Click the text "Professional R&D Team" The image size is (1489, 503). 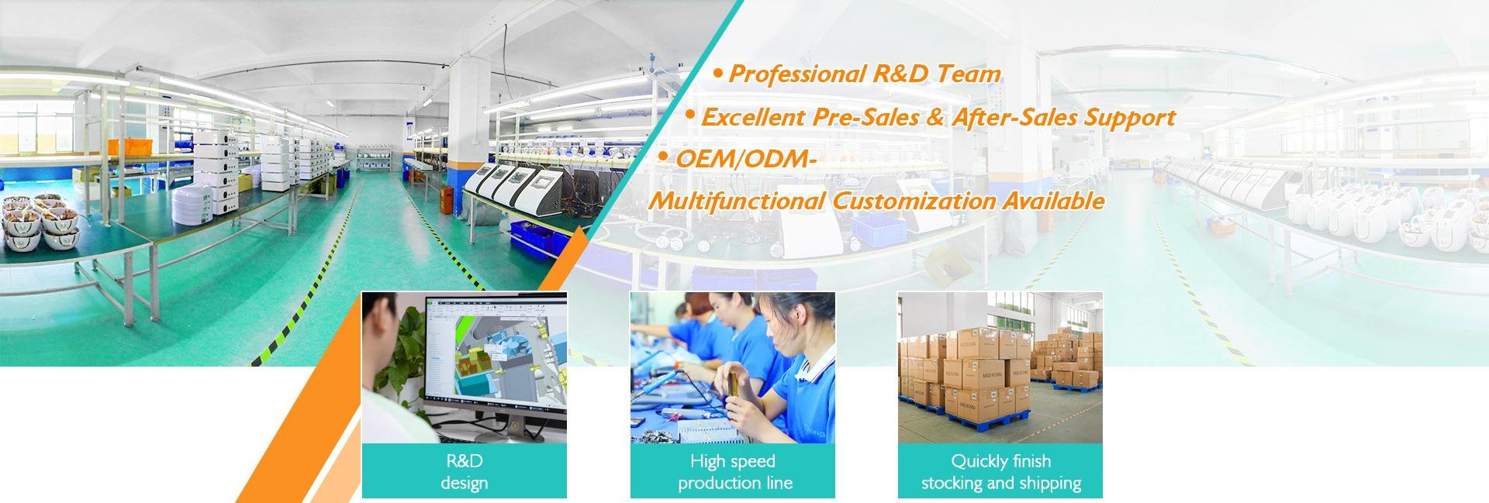coord(864,74)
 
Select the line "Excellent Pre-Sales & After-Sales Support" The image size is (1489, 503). coord(938,118)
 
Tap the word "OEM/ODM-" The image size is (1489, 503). coord(746,159)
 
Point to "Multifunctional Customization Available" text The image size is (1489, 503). coord(876,201)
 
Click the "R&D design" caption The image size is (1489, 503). coord(464,471)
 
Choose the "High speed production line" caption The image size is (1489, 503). coord(733,471)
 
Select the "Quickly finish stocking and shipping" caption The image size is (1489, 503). coord(1000,471)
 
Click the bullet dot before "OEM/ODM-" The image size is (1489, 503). coord(662,157)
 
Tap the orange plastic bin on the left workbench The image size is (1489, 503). coord(124,146)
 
